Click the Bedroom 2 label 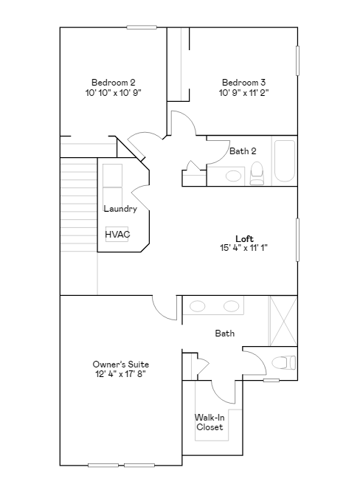click(x=113, y=82)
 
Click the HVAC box click(x=117, y=235)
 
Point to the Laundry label click(x=120, y=209)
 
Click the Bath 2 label click(x=243, y=151)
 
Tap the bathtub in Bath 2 click(x=284, y=162)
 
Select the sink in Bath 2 click(x=234, y=176)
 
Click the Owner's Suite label click(x=121, y=365)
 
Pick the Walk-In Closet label click(x=210, y=422)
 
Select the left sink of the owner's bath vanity click(x=198, y=306)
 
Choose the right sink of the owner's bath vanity click(x=231, y=306)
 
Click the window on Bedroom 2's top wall click(x=142, y=27)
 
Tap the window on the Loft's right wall click(x=298, y=239)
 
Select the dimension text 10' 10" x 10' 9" click(x=113, y=93)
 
